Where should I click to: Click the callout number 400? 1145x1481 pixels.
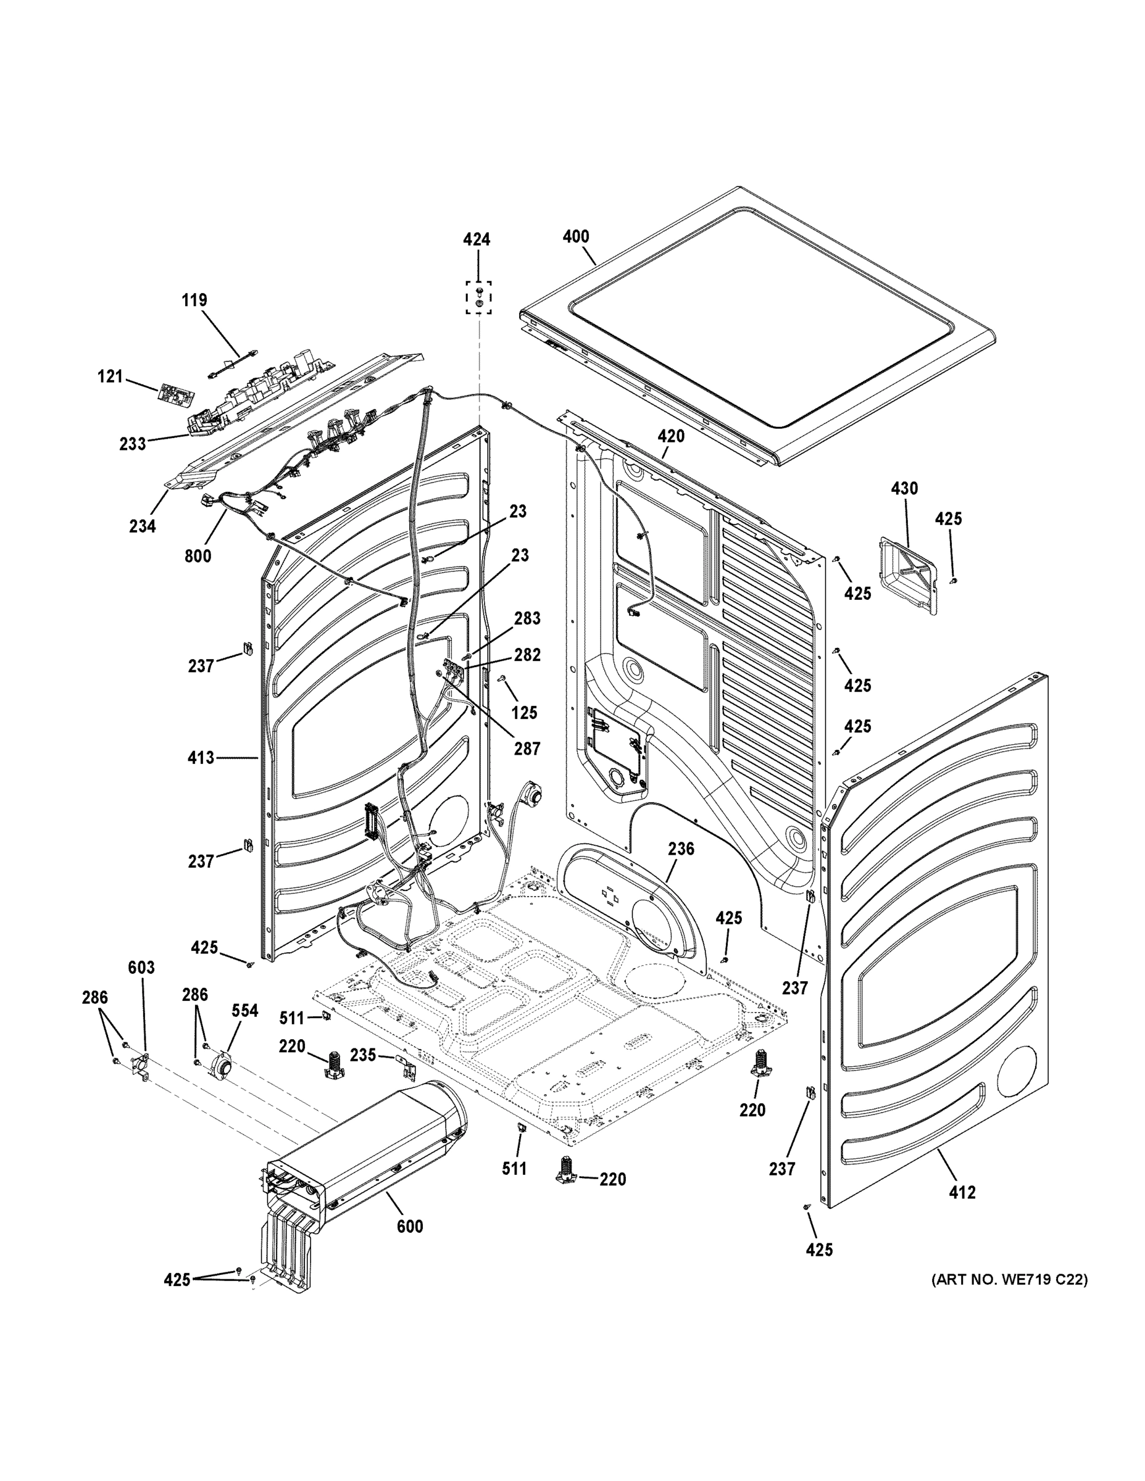[576, 237]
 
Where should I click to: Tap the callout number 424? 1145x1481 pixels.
[477, 239]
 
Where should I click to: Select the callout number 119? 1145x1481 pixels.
[194, 300]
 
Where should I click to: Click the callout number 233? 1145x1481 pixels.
[132, 444]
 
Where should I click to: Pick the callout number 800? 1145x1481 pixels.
[198, 556]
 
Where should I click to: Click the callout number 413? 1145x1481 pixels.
[201, 757]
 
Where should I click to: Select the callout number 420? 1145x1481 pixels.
[670, 436]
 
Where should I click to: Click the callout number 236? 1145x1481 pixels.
[681, 848]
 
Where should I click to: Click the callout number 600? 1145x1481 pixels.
[409, 1227]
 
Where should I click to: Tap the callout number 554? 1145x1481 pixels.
[245, 1011]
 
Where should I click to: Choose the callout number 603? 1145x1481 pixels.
[141, 968]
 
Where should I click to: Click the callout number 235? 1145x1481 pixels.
[363, 1055]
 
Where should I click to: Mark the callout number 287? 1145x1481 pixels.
[527, 749]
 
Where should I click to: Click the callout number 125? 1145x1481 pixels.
[523, 713]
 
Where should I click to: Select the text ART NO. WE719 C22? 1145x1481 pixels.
[1009, 1280]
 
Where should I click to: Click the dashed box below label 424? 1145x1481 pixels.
[479, 297]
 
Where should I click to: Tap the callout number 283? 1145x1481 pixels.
[527, 618]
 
